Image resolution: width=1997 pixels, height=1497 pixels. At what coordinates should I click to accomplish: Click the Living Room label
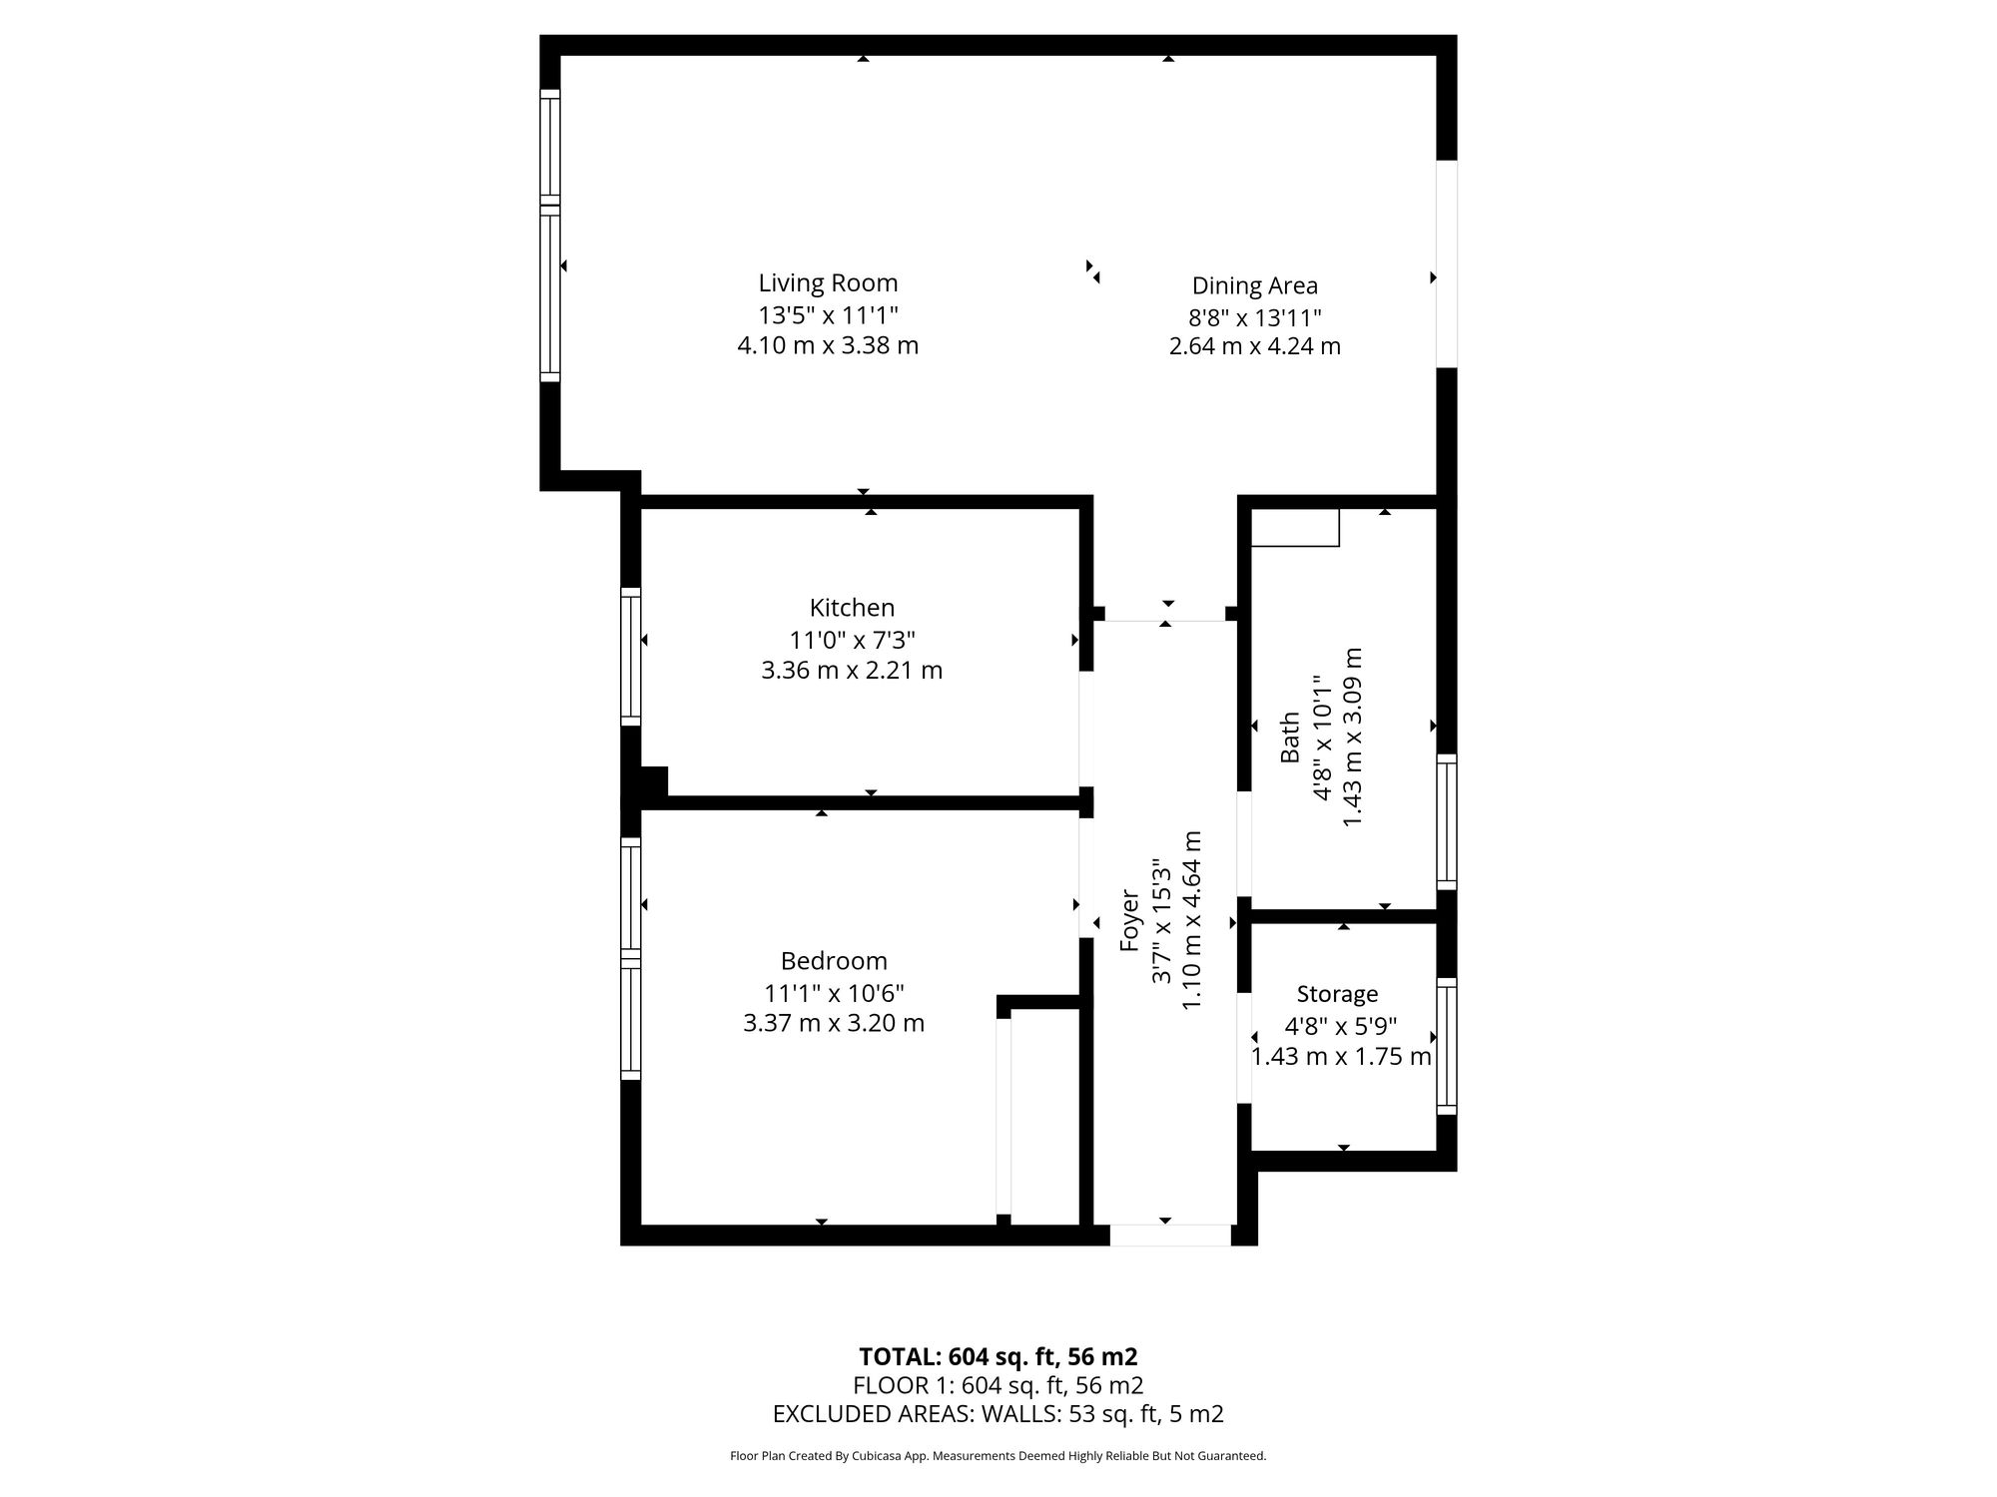(828, 283)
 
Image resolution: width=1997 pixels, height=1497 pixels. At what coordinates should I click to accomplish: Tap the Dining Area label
(1254, 286)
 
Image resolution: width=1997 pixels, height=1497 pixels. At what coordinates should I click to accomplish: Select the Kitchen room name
(852, 608)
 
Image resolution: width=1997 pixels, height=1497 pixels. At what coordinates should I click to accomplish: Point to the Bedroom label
(834, 961)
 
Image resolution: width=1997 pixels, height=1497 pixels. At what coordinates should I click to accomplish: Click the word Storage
(1337, 994)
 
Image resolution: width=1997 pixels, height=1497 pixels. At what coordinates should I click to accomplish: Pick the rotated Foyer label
(1129, 919)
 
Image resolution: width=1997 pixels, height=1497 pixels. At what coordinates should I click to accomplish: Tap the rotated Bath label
(1290, 737)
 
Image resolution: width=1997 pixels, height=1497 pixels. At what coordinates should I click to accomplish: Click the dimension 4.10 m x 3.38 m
(828, 345)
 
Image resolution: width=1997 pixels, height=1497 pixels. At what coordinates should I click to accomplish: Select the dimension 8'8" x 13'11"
(1254, 317)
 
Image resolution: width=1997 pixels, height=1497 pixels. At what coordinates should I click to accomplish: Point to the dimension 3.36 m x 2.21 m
(852, 670)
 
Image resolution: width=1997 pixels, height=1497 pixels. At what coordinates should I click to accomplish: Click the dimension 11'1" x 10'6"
(834, 993)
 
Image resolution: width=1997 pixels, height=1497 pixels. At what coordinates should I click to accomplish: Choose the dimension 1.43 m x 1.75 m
(1341, 1056)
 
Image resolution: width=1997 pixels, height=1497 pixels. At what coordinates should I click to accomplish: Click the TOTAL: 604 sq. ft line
(998, 1356)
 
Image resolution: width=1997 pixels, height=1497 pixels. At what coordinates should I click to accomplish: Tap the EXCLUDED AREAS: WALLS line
(998, 1413)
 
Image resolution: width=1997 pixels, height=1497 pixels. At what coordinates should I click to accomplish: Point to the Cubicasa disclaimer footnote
(998, 1456)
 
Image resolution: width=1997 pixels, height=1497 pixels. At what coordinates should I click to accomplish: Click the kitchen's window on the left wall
(630, 657)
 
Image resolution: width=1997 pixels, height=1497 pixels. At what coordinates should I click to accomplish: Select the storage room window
(1447, 1046)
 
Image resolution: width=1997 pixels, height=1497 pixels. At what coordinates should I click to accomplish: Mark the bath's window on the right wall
(1447, 821)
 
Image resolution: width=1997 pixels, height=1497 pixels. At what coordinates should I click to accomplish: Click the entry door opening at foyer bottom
(1170, 1236)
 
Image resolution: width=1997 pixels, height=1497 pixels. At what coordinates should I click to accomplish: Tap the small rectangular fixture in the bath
(1295, 527)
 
